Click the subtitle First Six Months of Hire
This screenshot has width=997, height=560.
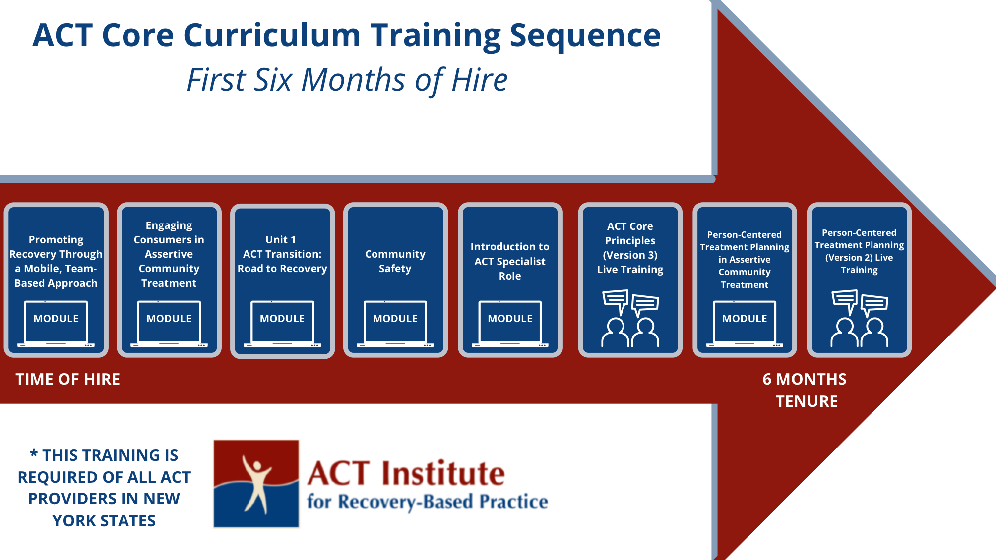(347, 80)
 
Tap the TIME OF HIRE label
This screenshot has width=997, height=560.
(68, 379)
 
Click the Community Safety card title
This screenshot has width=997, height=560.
(395, 261)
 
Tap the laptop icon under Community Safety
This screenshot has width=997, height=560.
(395, 323)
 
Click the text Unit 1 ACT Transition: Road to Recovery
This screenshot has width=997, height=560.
(282, 254)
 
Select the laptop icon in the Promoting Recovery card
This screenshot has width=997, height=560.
(56, 323)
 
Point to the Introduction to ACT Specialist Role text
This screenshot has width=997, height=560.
(510, 261)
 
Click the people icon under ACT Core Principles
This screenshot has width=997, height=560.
(630, 319)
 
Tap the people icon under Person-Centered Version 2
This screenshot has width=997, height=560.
(859, 319)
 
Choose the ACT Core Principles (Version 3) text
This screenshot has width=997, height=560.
(630, 248)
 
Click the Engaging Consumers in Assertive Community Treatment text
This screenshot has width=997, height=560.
(169, 254)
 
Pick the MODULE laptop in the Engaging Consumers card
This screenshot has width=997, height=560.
(169, 323)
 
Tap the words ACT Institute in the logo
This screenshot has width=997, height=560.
(406, 473)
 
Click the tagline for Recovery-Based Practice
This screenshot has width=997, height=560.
(427, 502)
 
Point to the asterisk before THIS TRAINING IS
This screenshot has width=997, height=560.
(34, 454)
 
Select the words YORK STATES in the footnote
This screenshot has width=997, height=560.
(104, 521)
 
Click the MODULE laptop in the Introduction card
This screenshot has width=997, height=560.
(510, 323)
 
